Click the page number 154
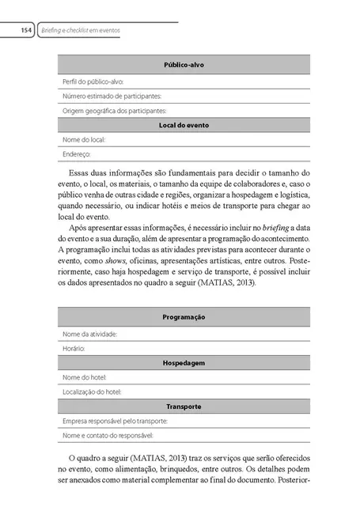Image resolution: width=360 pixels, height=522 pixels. (x=25, y=30)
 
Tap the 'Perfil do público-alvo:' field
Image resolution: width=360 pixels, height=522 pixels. (x=93, y=81)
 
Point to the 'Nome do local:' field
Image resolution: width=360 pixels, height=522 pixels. (x=83, y=139)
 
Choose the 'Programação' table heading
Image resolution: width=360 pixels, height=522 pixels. (x=184, y=316)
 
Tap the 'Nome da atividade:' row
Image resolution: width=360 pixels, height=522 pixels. (x=89, y=334)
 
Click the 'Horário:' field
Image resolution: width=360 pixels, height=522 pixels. (x=74, y=348)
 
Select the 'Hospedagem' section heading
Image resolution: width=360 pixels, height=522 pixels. (x=184, y=362)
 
